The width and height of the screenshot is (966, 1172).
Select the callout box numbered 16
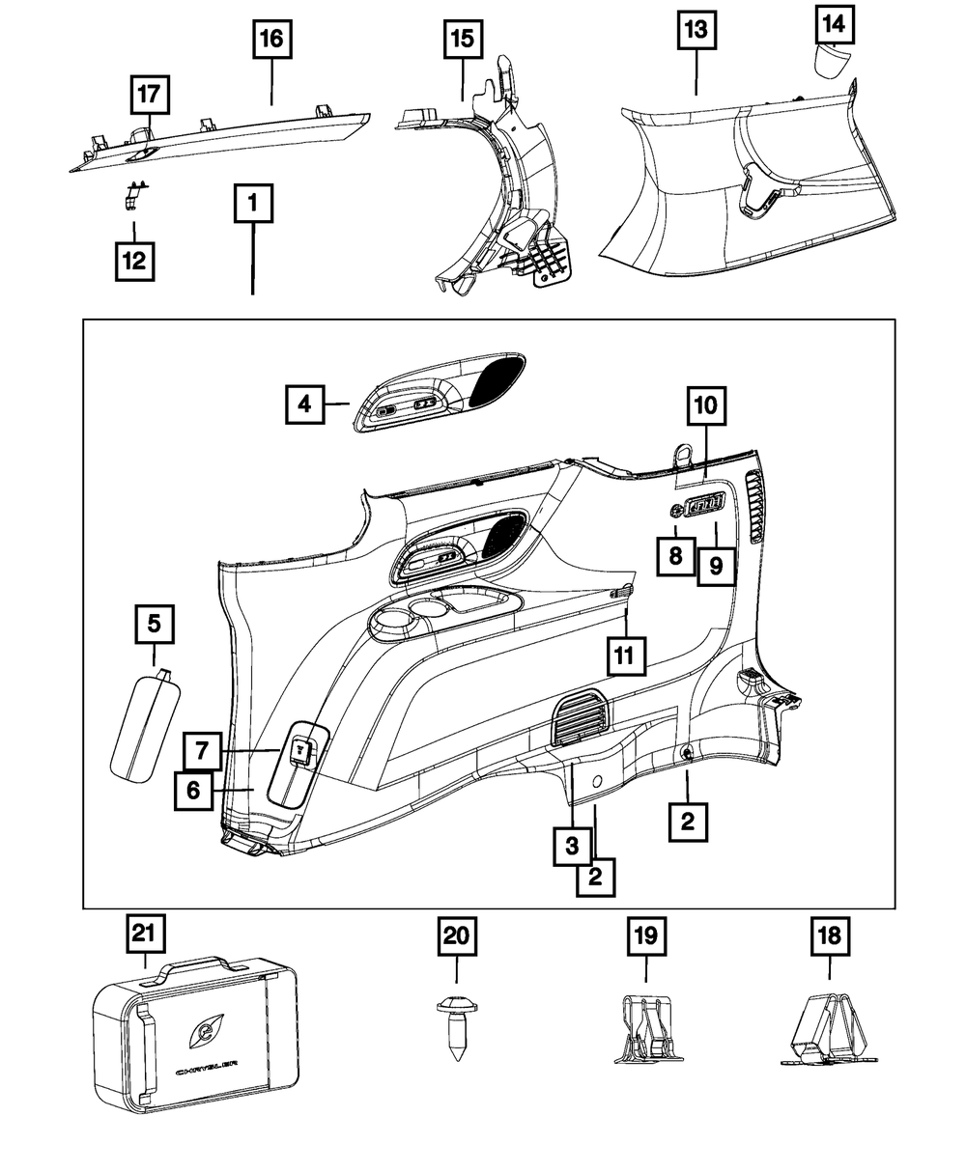[271, 41]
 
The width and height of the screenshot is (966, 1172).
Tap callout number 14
[834, 24]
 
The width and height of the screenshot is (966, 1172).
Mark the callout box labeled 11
[625, 656]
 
